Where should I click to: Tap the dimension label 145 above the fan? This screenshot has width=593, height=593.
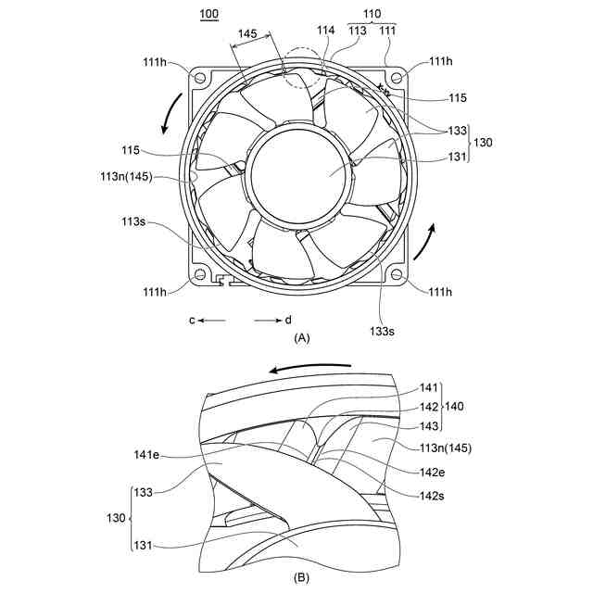(x=247, y=33)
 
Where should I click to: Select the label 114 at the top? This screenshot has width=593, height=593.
(x=326, y=31)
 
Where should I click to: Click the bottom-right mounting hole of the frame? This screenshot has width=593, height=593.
(x=397, y=274)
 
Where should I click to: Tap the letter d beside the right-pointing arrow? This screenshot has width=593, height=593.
(x=288, y=320)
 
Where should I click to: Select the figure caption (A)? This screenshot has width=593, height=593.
(x=301, y=339)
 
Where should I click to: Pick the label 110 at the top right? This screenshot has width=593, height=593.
(x=372, y=15)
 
